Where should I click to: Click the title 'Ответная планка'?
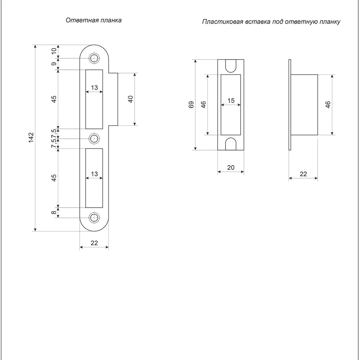93,21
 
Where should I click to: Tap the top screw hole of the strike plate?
94,58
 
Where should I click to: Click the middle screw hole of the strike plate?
94,138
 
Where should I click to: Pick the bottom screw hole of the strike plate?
94,217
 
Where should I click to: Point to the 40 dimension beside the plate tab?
131,99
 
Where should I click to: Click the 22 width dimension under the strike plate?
94,243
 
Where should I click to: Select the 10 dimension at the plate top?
54,51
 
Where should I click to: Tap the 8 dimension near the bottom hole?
54,213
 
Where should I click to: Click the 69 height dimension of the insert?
191,105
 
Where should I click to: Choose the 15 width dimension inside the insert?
231,101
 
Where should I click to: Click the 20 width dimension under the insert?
231,167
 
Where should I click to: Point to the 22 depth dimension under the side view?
303,174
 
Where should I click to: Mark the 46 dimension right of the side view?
328,105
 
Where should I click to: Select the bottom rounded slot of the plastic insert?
231,144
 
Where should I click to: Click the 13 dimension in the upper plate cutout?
94,87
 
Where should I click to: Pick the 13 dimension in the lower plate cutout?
94,174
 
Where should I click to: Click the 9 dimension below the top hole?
54,64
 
